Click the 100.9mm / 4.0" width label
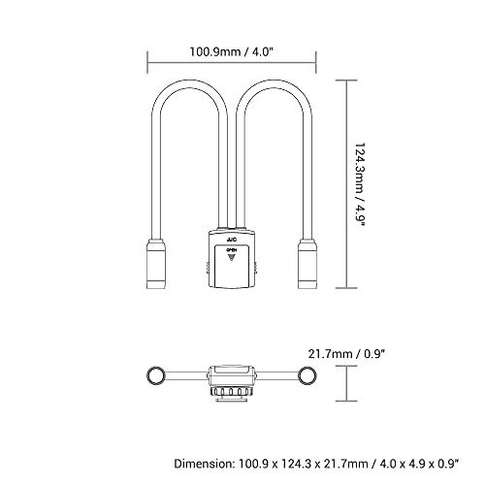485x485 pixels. click(x=232, y=51)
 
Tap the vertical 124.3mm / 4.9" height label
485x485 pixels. click(x=360, y=185)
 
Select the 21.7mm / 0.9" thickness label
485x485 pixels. click(x=346, y=354)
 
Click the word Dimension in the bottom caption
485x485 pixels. click(x=203, y=464)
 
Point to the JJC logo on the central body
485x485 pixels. click(x=232, y=240)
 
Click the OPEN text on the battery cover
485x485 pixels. click(x=232, y=250)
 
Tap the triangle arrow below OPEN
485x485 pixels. click(x=232, y=257)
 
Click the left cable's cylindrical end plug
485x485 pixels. click(x=156, y=264)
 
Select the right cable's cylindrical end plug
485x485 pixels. click(x=307, y=264)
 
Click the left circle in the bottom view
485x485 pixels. click(x=156, y=375)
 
